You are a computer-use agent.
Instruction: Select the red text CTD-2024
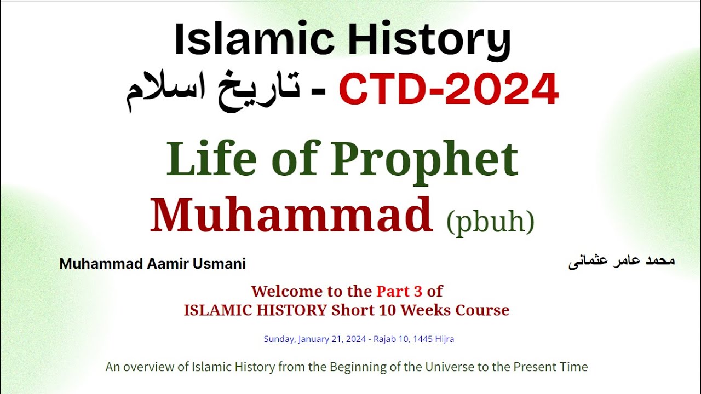point(449,90)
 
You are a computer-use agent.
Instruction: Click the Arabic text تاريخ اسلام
point(213,91)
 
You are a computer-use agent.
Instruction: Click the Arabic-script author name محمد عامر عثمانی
point(622,262)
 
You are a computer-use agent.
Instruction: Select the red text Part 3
point(399,291)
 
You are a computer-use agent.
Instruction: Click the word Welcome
point(283,291)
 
